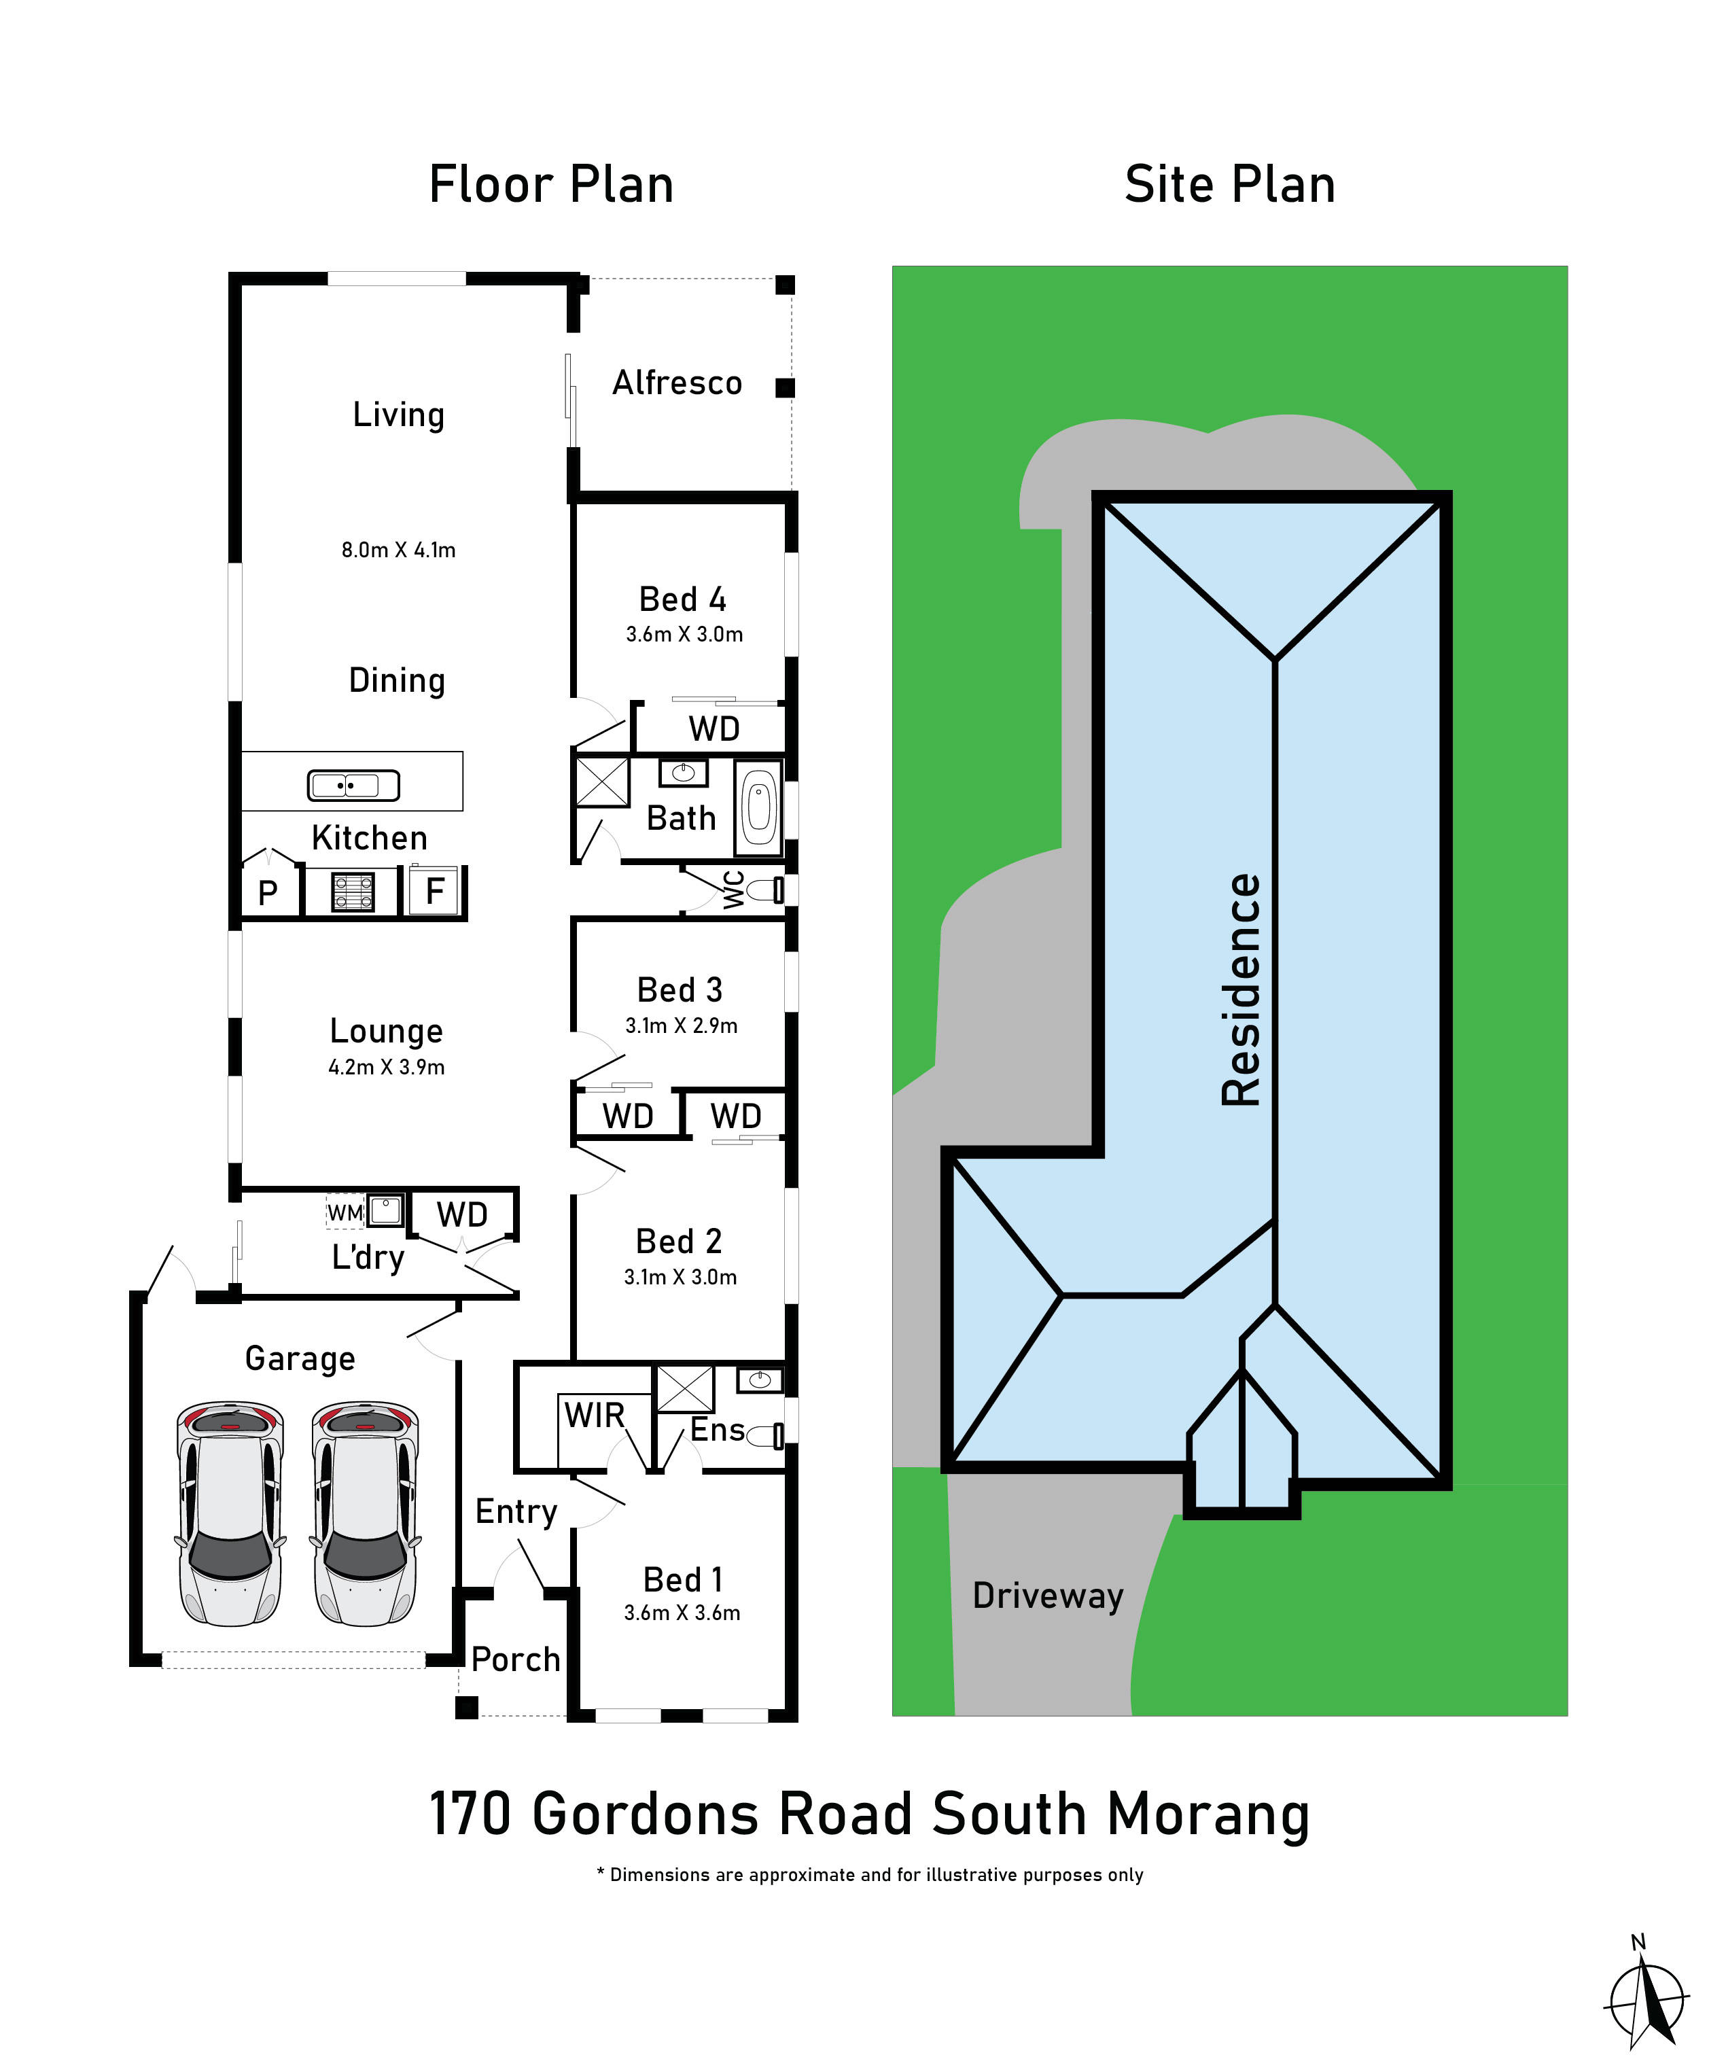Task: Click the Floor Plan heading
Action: point(550,184)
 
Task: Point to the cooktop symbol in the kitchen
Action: point(353,892)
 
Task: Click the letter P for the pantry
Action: point(267,893)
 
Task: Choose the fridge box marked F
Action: point(434,891)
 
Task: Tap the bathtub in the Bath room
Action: point(758,808)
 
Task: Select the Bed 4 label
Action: point(682,599)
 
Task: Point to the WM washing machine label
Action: point(345,1212)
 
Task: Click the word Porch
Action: point(515,1659)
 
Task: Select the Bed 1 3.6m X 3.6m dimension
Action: point(682,1613)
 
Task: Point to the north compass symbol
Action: point(1646,2002)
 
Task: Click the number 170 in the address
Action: point(470,1814)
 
